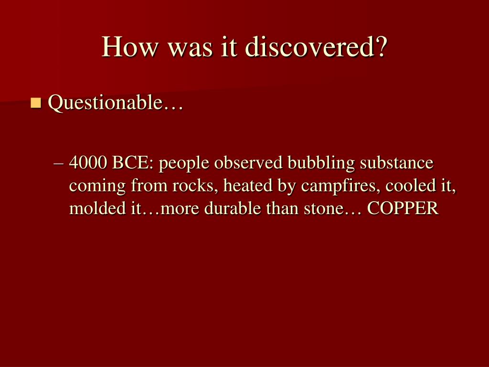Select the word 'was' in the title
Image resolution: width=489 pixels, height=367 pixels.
[190, 50]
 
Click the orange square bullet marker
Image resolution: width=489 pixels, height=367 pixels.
[36, 103]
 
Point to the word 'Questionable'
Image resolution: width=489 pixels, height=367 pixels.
[105, 102]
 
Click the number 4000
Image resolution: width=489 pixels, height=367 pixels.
[88, 162]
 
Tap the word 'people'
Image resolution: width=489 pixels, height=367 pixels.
[184, 164]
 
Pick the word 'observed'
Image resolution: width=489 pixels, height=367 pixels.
[248, 162]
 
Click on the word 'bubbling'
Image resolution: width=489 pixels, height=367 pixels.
[321, 163]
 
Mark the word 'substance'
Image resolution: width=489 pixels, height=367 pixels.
[397, 162]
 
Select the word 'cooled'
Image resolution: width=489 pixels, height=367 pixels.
[407, 185]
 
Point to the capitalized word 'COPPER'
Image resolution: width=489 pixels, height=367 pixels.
[403, 208]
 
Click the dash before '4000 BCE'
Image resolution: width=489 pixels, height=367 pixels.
[58, 163]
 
